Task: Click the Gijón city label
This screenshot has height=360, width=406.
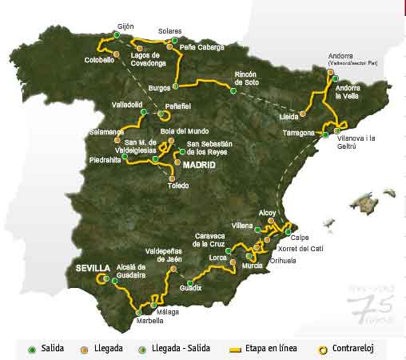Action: tap(126, 26)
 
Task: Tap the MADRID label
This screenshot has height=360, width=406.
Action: tap(200, 165)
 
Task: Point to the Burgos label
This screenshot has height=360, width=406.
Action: tap(161, 87)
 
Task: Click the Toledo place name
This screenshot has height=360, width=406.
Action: tap(178, 186)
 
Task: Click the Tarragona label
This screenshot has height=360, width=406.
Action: tap(298, 133)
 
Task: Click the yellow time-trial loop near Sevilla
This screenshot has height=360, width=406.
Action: tap(102, 279)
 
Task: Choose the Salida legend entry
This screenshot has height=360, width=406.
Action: tap(46, 349)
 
